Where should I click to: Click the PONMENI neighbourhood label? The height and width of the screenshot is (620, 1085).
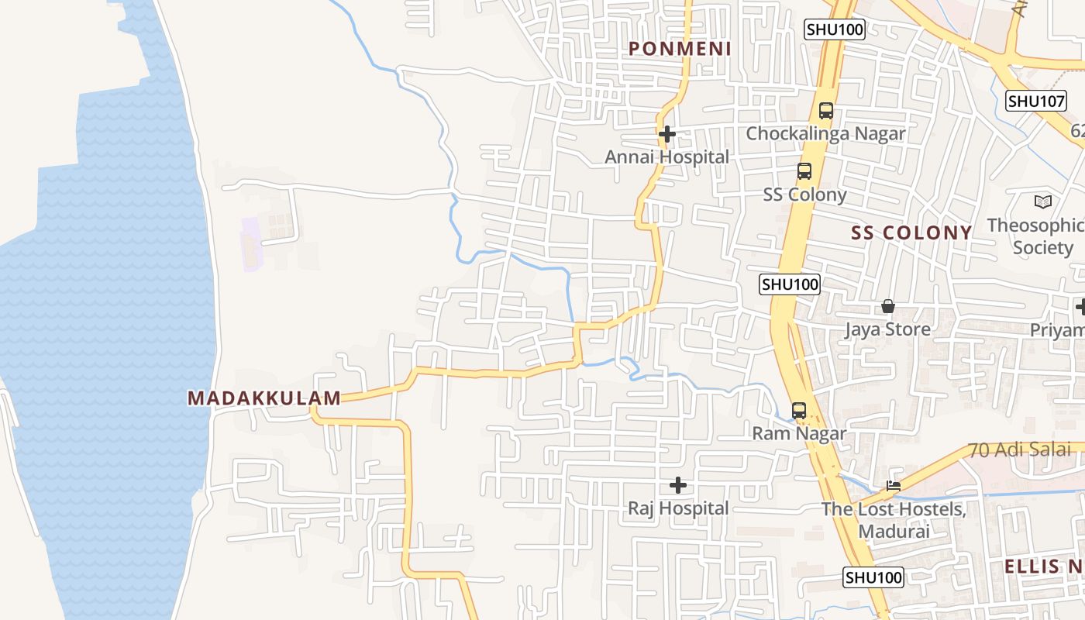680,49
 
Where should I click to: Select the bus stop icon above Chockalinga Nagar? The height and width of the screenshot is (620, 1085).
826,111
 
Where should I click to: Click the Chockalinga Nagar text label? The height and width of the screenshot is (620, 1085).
825,133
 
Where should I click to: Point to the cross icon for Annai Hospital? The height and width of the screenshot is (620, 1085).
666,134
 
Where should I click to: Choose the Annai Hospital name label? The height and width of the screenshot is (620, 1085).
666,157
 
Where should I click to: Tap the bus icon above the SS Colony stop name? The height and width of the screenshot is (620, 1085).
804,171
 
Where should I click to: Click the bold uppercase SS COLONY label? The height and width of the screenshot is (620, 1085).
911,232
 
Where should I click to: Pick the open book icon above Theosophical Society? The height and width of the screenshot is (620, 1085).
1043,202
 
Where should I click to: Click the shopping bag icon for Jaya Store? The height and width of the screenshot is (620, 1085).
888,307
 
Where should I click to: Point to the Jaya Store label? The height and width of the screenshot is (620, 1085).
887,329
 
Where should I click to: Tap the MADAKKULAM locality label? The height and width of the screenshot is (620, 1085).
264,398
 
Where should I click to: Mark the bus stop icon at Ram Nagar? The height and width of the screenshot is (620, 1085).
799,411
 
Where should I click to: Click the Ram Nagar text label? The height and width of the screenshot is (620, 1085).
799,433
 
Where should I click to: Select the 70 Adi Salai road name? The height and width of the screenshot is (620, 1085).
1020,449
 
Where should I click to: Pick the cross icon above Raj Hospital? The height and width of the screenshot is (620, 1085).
678,486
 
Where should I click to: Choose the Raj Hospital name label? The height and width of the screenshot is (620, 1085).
678,508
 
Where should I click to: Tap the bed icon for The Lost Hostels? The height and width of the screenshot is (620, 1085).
894,487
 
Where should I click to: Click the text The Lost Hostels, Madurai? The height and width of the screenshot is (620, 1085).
894,520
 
